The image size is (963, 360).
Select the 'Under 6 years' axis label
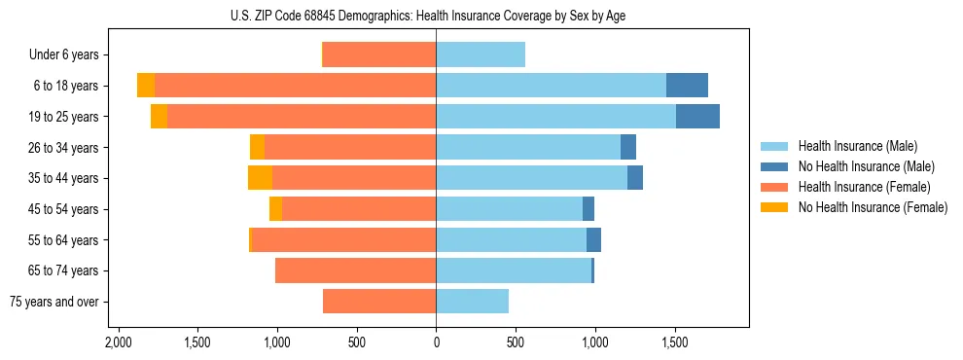[63, 55]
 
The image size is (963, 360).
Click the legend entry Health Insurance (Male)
[857, 146]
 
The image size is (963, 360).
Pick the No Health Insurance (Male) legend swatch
[774, 166]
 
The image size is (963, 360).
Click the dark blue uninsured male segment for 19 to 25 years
[697, 117]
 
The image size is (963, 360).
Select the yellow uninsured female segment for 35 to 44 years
[260, 178]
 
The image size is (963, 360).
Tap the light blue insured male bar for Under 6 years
[481, 55]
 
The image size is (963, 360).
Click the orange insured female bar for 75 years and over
[379, 302]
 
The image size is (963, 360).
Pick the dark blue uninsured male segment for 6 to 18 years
[687, 86]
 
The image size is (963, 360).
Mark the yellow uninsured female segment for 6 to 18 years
[146, 86]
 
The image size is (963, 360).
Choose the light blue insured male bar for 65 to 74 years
[514, 270]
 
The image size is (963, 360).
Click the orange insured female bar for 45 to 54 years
[359, 209]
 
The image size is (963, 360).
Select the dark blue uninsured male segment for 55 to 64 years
[593, 240]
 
